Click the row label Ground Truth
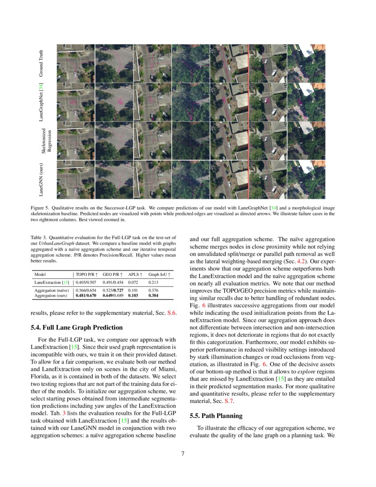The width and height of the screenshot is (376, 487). click(41, 63)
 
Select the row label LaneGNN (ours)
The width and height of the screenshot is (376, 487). click(41, 180)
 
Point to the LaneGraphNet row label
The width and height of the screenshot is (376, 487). click(41, 102)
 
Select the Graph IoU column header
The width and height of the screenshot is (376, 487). click(160, 274)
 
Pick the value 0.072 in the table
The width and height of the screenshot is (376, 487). click(134, 282)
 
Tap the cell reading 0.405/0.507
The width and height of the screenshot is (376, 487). click(86, 282)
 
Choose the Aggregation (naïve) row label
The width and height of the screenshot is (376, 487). click(52, 290)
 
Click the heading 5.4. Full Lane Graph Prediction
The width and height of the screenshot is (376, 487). click(77, 327)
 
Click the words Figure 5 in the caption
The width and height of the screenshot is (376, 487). click(40, 208)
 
